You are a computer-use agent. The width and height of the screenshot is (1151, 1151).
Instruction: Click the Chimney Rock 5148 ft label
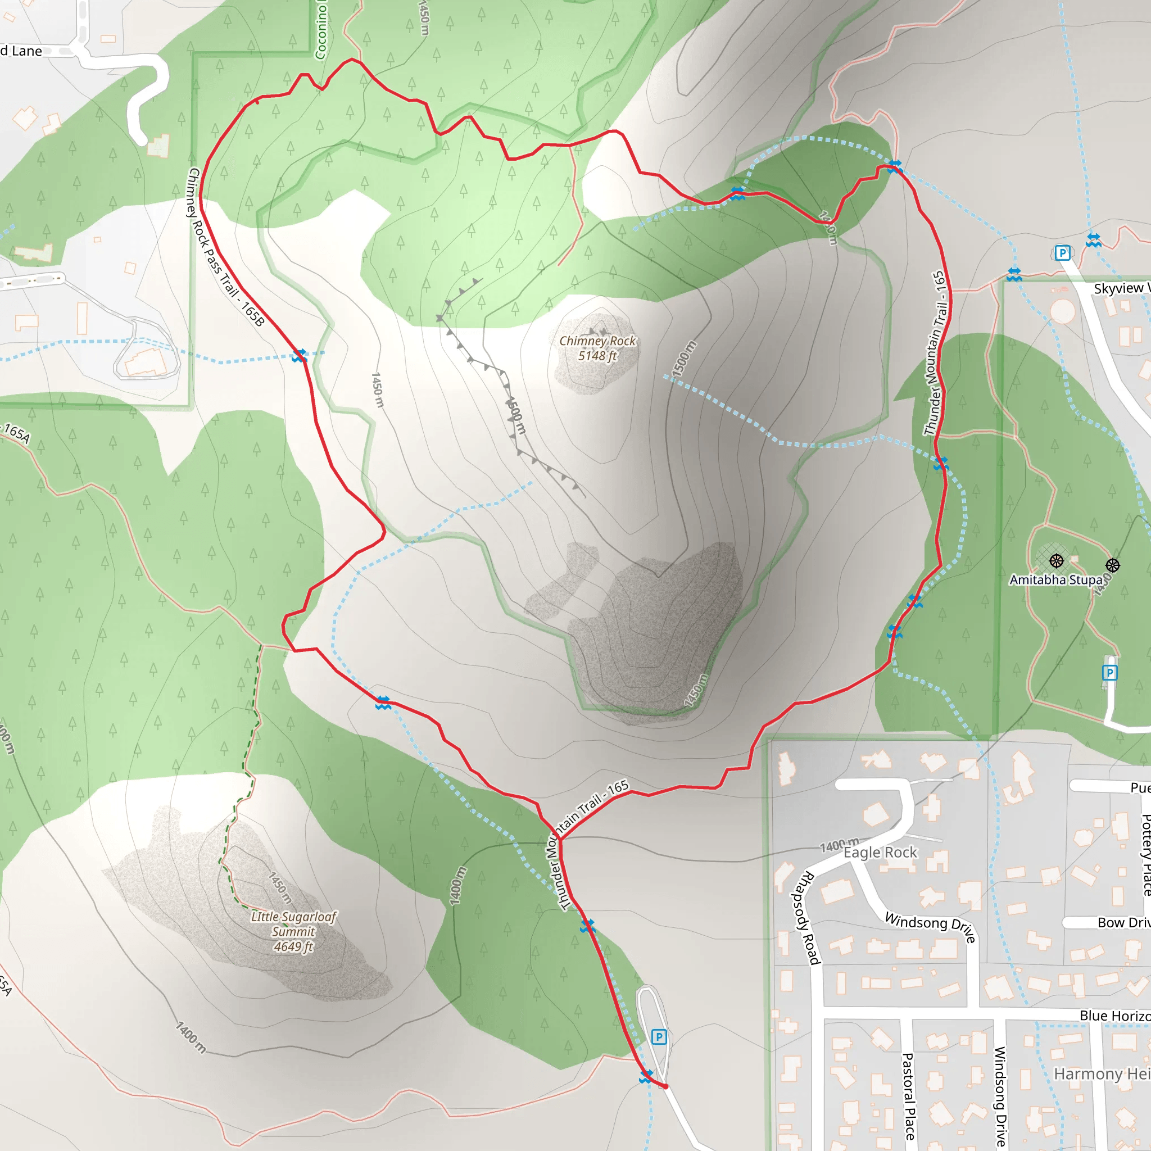point(597,348)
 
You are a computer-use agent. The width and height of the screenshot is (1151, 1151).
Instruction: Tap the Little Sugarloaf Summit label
point(293,931)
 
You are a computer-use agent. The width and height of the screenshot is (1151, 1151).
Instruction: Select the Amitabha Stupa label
point(1055,579)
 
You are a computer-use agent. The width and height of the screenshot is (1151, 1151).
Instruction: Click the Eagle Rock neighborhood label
point(880,853)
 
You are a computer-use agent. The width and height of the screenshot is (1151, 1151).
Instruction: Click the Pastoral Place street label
point(909,1096)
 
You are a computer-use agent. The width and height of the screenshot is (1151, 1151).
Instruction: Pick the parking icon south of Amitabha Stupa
point(1109,673)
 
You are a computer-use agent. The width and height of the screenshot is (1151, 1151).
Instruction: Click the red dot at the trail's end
point(665,1086)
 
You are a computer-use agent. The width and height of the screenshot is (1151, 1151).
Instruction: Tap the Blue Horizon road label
point(1114,1016)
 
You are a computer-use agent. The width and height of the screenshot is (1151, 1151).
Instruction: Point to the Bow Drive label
point(1123,923)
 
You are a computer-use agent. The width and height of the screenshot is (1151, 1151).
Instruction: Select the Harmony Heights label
point(1102,1073)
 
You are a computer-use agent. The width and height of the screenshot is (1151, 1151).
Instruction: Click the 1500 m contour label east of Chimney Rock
point(683,359)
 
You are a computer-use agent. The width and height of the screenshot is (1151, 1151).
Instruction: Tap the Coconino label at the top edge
point(321,30)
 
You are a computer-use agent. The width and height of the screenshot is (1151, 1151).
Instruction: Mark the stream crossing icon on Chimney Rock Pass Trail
point(299,356)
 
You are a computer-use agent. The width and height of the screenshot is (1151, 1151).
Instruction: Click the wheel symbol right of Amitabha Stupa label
point(1113,565)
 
